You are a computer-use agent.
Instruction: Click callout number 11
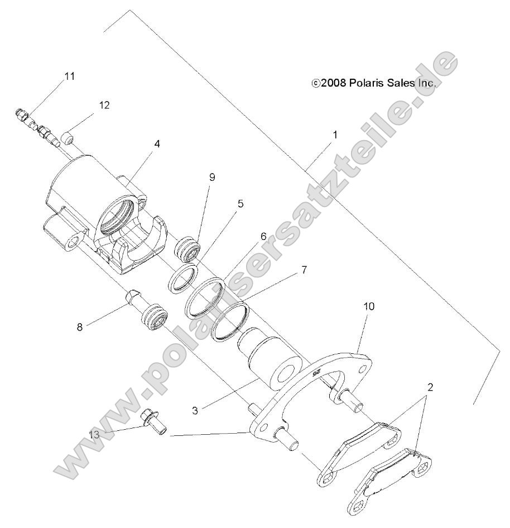(70, 76)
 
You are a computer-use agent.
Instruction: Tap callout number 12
(104, 105)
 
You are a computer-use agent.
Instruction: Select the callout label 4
(157, 143)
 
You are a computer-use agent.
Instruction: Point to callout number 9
(212, 177)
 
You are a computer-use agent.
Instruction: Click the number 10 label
(369, 306)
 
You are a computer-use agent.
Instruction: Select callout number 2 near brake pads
(431, 386)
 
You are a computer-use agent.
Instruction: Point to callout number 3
(195, 410)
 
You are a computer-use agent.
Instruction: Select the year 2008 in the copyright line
(334, 83)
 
